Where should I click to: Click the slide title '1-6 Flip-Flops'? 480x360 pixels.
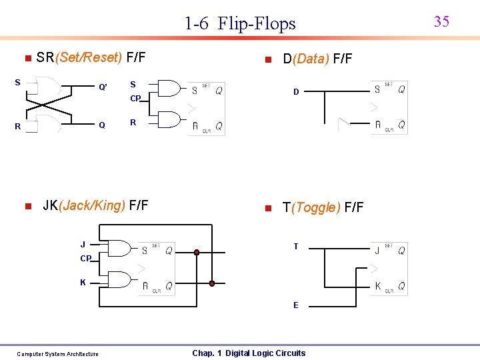coord(240,24)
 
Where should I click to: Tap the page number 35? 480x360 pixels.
coord(441,21)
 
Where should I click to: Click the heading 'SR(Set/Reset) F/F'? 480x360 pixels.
coord(91,58)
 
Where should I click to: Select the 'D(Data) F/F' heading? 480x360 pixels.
coord(317,59)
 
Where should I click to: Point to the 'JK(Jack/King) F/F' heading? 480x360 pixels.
coord(95,205)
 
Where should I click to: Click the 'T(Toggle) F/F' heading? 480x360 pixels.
coord(323,207)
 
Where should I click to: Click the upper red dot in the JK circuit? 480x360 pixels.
coord(197,252)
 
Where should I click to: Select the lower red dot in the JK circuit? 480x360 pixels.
coord(212,283)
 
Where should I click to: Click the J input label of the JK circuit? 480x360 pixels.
coord(83,244)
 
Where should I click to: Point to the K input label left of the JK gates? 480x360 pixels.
coord(83,283)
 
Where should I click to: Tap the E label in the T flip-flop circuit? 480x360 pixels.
coord(295,305)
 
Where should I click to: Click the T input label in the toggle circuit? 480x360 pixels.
coord(295,247)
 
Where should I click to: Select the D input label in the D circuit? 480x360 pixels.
coord(295,92)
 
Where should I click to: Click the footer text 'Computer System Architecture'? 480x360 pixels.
coord(57,354)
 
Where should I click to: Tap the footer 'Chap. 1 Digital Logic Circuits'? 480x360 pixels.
coord(249,353)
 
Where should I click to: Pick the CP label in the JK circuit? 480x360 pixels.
coord(86,259)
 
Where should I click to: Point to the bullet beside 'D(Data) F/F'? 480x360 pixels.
coord(267,60)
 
